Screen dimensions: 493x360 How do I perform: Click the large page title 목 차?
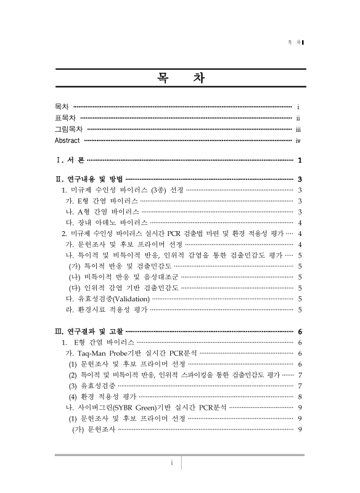click(180, 79)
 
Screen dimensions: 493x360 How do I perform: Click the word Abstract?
click(67, 141)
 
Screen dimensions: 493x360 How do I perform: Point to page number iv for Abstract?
click(298, 141)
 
